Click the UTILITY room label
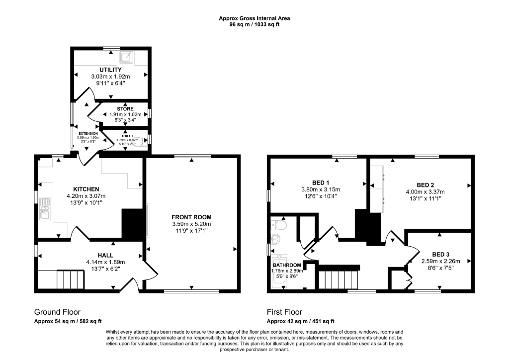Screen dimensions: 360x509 click(110, 69)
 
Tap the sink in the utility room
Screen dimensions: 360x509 click(129, 58)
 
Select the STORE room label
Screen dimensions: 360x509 click(125, 108)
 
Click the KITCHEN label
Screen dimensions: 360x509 click(86, 189)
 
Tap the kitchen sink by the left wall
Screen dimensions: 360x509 click(45, 208)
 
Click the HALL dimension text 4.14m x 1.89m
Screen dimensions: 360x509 click(105, 263)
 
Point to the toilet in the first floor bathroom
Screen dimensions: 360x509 click(279, 227)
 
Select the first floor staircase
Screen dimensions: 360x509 click(339, 279)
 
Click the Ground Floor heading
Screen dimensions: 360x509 click(57, 312)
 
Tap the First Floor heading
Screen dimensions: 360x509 click(284, 312)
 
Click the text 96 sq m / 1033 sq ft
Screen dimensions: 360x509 click(254, 24)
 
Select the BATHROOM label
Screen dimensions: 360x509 click(287, 265)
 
